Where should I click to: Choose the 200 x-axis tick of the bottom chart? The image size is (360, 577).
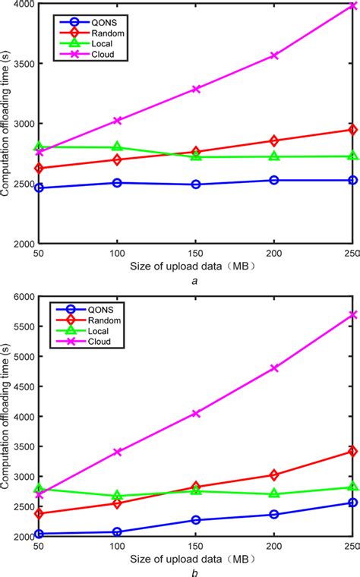(x=274, y=547)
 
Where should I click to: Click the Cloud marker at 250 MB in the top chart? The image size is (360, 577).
(x=352, y=6)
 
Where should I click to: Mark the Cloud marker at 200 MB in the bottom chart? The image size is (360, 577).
(x=274, y=367)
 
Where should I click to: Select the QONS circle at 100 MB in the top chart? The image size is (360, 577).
(x=117, y=183)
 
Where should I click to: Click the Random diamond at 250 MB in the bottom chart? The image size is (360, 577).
(x=352, y=451)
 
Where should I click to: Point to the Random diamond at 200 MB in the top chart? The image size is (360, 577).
(x=274, y=141)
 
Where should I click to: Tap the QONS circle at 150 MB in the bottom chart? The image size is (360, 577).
(x=196, y=520)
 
